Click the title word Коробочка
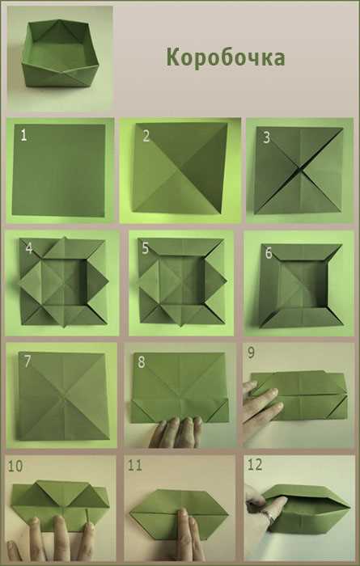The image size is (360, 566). pos(226,57)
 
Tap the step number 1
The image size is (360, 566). pos(23,135)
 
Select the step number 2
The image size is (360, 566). pos(146,136)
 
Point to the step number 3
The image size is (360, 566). pos(266,137)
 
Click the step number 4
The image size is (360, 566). pos(29,248)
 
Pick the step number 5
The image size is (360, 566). pos(145,248)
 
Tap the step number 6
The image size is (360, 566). pos(269,253)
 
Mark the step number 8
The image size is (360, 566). pos(142,362)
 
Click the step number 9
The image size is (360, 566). pos(251,353)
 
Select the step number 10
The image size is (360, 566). pos(15,466)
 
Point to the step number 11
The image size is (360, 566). pos(134,466)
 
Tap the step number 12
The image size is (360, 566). pos(255,465)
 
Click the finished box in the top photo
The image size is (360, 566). pos(60,54)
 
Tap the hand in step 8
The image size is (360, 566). pos(176,432)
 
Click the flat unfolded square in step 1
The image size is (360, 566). pos(59,170)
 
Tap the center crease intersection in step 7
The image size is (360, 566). pos(64,397)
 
